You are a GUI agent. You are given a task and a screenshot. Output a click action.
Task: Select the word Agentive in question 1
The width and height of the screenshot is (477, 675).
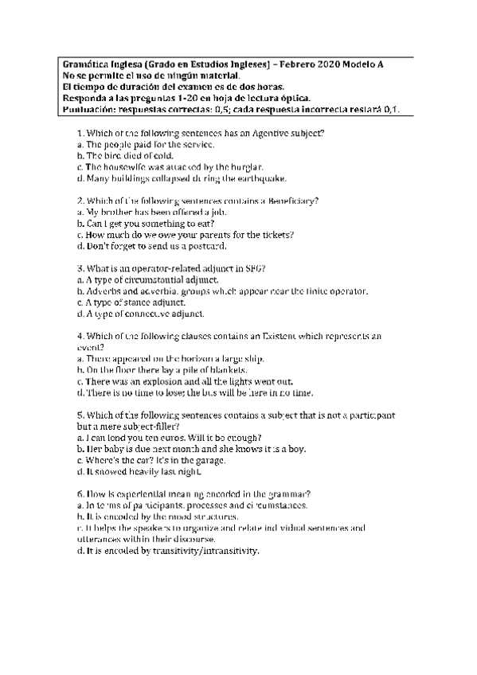pos(274,133)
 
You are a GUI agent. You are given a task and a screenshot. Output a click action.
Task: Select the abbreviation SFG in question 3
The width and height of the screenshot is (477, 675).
pos(254,270)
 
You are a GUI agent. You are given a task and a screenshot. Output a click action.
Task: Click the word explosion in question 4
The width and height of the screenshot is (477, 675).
pos(162,382)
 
